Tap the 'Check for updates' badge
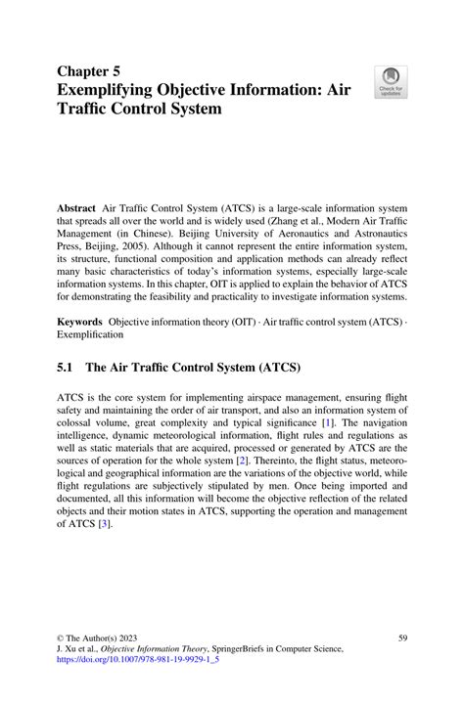click(392, 82)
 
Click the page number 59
click(402, 638)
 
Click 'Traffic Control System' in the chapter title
click(139, 110)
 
